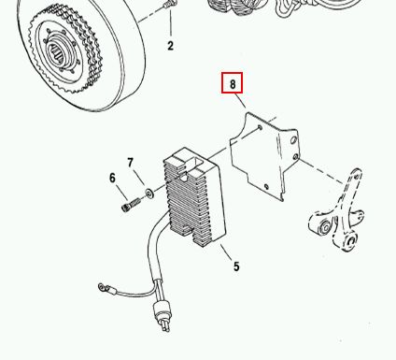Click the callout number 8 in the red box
pyautogui.click(x=233, y=84)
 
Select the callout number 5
pyautogui.click(x=236, y=266)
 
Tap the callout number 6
pyautogui.click(x=112, y=178)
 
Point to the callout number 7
pyautogui.click(x=130, y=163)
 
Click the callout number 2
pyautogui.click(x=170, y=46)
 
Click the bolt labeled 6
pyautogui.click(x=131, y=206)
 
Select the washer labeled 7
pyautogui.click(x=149, y=194)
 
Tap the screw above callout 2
pyautogui.click(x=170, y=5)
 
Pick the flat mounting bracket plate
pyautogui.click(x=264, y=156)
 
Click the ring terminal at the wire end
pyautogui.click(x=103, y=287)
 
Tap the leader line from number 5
pyautogui.click(x=226, y=252)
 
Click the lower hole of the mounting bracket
pyautogui.click(x=266, y=187)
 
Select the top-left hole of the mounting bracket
pyautogui.click(x=260, y=127)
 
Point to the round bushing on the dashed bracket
pyautogui.click(x=326, y=228)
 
